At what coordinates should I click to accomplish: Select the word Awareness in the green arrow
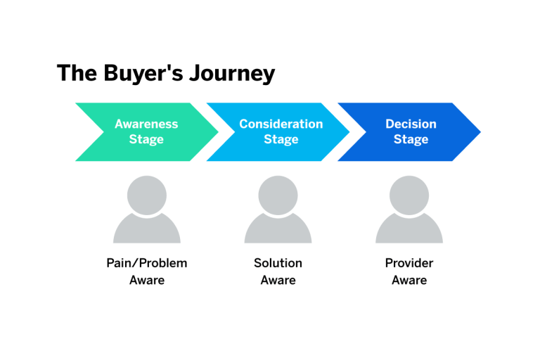pos(146,124)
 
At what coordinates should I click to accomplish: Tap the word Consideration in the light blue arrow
pos(281,124)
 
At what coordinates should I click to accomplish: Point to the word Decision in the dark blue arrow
pos(411,124)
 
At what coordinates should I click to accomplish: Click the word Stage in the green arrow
pos(146,139)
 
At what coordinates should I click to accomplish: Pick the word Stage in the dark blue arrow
pos(411,139)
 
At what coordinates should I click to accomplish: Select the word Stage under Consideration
pos(281,139)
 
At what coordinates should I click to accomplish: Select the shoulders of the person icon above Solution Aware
pos(278,230)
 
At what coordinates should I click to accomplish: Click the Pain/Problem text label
pos(146,264)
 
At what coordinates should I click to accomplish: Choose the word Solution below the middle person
pos(278,264)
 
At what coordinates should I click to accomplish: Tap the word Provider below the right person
pos(409,264)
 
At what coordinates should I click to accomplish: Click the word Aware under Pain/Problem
pos(146,281)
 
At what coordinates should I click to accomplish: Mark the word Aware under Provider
pos(409,281)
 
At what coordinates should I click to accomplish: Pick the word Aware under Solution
pos(278,281)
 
